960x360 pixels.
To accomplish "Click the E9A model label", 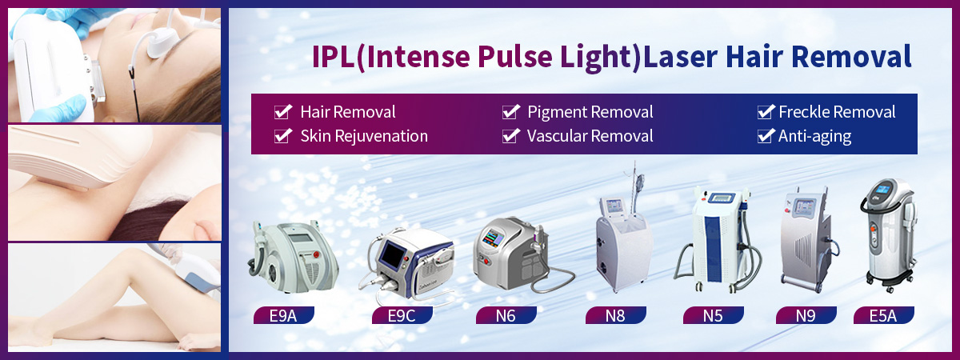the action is point(283,315).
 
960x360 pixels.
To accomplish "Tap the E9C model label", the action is point(402,315).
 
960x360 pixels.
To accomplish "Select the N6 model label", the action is point(506,315).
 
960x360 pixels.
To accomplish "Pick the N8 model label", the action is point(615,315).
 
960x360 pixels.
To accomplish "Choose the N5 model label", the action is point(713,315).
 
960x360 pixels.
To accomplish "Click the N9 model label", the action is point(806,315).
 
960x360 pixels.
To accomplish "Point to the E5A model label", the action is point(883,315).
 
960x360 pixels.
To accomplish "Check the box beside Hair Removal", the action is point(283,112).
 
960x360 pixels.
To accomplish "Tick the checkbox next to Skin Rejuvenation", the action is point(283,136).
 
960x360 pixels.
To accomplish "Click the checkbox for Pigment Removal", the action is point(511,112).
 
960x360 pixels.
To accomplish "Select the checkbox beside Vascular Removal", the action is point(511,136).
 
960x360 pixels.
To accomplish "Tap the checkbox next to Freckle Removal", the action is point(766,112).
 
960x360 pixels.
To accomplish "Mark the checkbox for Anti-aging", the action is point(766,136).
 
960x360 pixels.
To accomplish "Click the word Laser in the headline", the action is point(681,57).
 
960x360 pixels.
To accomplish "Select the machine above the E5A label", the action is point(889,235).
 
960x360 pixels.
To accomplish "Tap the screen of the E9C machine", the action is point(393,254).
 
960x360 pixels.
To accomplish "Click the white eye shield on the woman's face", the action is point(162,43).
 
